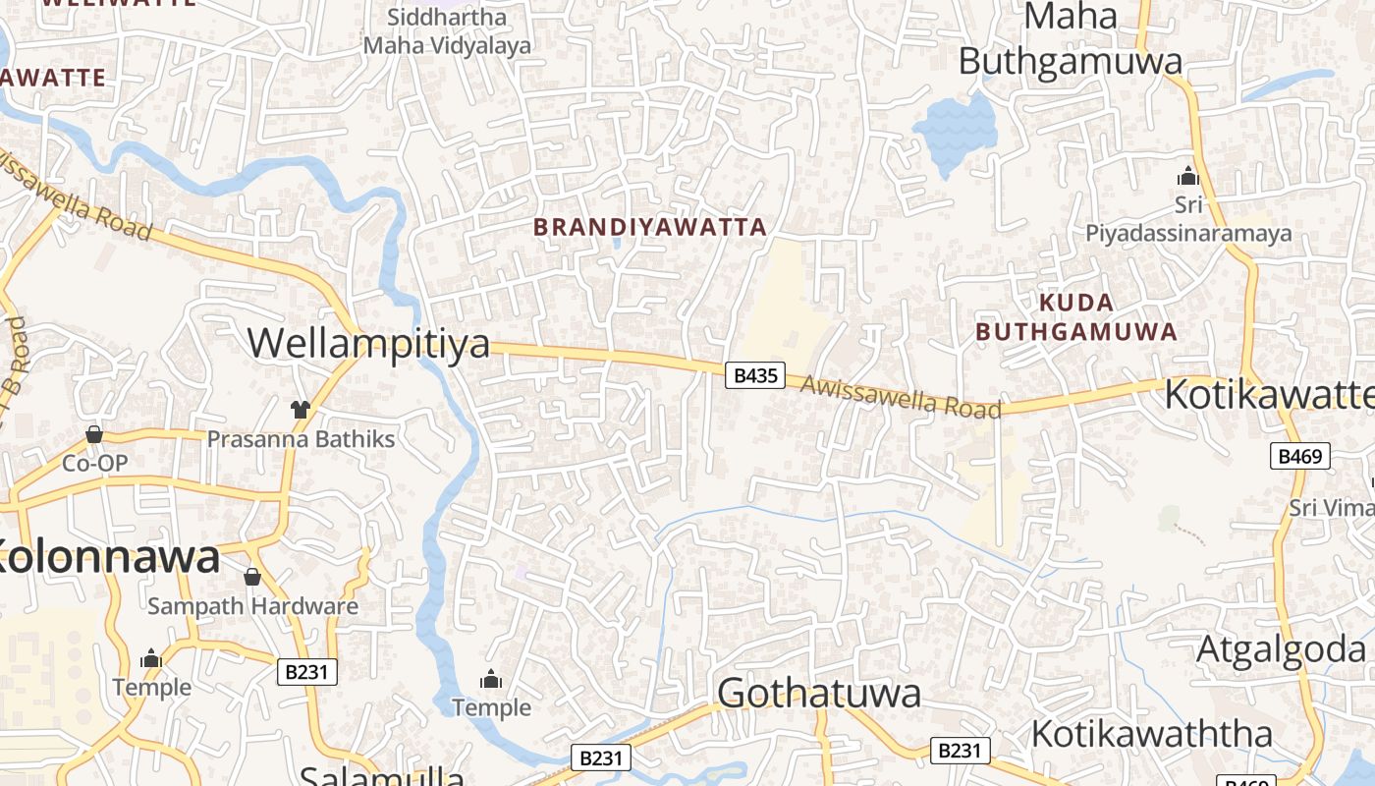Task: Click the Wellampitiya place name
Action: [x=368, y=344]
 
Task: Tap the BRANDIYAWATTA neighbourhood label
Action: [x=649, y=227]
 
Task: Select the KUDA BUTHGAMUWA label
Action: [x=1076, y=316]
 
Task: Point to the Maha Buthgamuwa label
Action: [x=1071, y=39]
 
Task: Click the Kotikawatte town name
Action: [x=1268, y=394]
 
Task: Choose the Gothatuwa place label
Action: [x=819, y=694]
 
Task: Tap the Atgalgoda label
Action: [x=1281, y=649]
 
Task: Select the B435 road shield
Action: [x=754, y=374]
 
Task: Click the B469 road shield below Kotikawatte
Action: [x=1300, y=456]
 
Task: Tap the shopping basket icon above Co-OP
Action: [x=94, y=433]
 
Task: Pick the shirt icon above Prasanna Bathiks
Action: [x=300, y=409]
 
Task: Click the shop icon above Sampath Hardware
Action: [x=252, y=576]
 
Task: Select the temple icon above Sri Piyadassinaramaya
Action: [x=1188, y=176]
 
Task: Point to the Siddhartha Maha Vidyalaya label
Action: [x=447, y=31]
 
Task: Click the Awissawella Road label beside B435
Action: [x=901, y=397]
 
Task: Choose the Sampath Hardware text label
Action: [x=252, y=606]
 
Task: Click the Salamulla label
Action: [x=382, y=775]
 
